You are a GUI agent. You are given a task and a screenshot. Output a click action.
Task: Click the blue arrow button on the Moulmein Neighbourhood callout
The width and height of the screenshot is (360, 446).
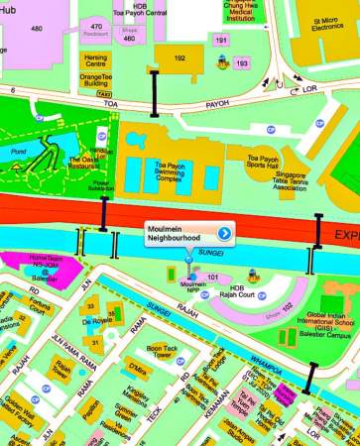pyautogui.click(x=224, y=234)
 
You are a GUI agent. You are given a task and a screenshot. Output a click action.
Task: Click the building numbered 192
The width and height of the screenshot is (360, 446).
pyautogui.click(x=180, y=59)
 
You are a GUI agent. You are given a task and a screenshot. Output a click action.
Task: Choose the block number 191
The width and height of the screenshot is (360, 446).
pyautogui.click(x=221, y=41)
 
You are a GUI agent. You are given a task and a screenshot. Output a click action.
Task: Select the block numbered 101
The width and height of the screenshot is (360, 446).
pyautogui.click(x=212, y=277)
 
